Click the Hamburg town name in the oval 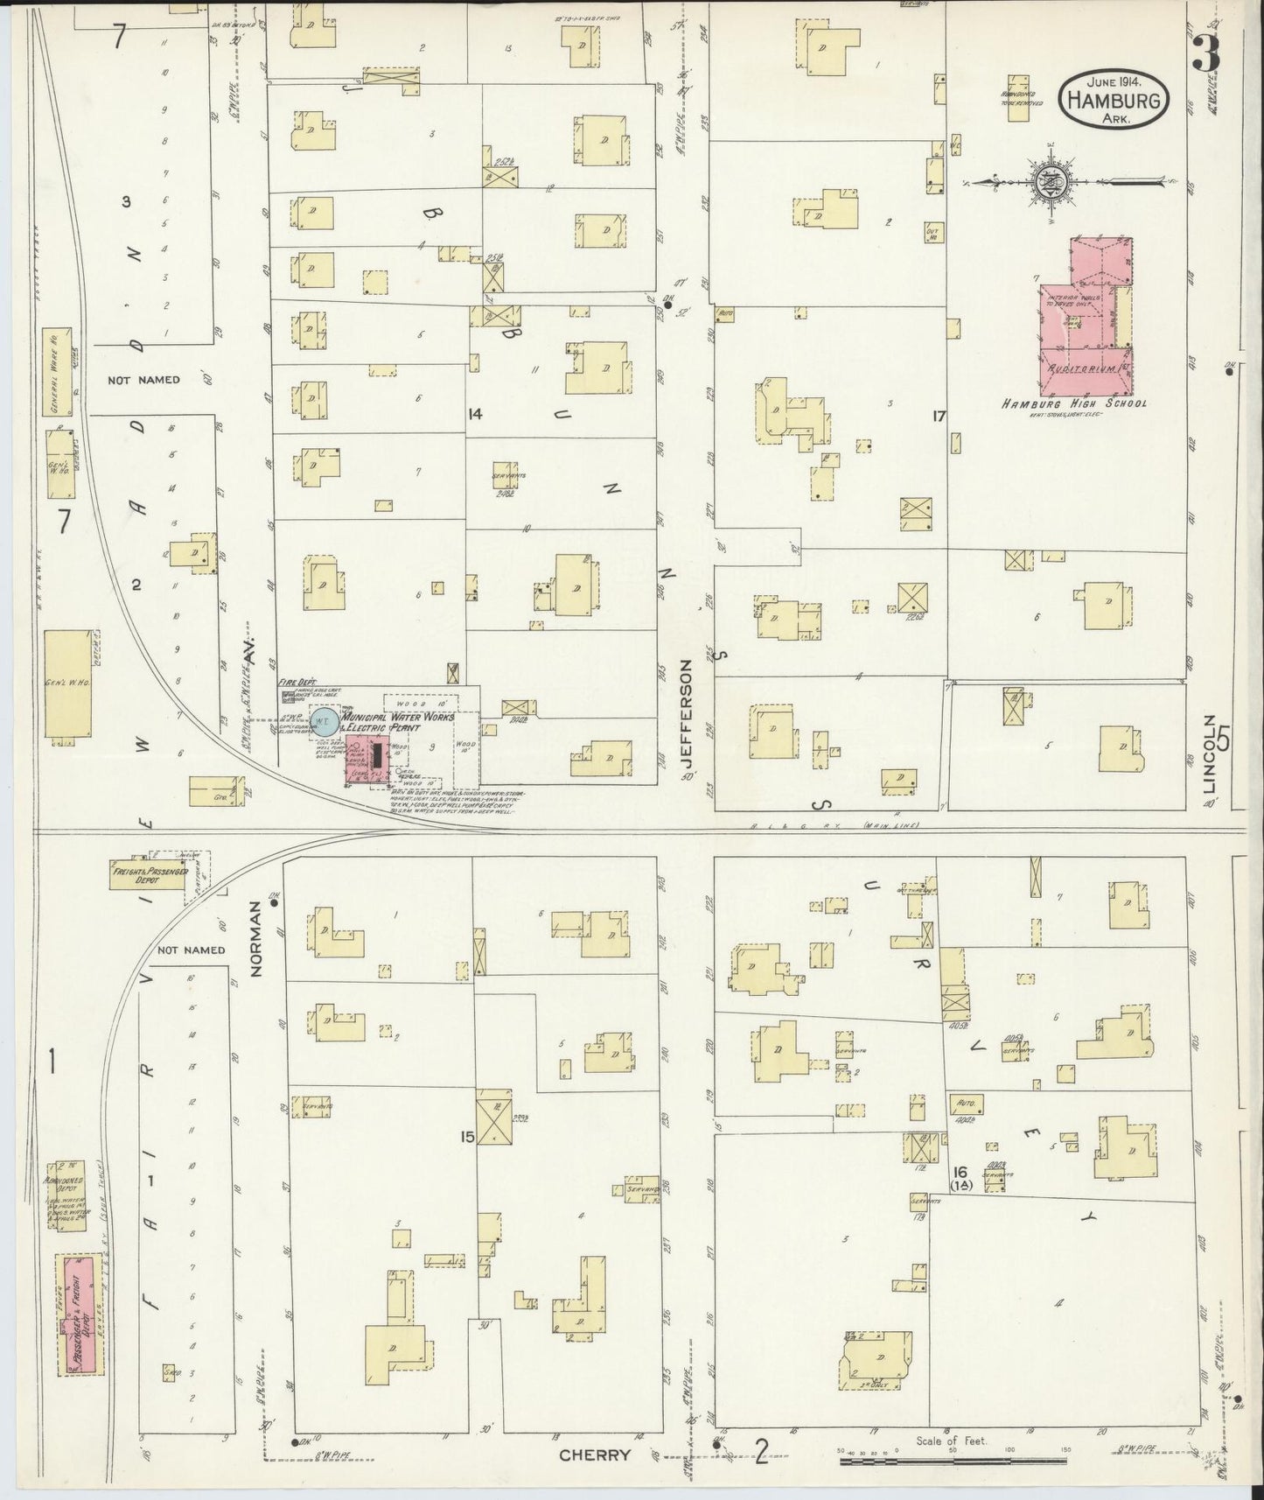1115,102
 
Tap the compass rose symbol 1046,182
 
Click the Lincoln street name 1211,754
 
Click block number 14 475,414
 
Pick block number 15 468,1137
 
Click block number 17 939,417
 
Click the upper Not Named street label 143,380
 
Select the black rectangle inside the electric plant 377,755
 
